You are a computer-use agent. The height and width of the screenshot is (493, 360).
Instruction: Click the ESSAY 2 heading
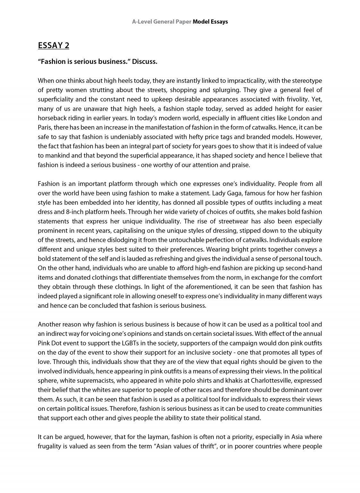(x=54, y=46)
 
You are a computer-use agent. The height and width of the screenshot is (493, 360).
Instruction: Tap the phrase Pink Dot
(x=49, y=343)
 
